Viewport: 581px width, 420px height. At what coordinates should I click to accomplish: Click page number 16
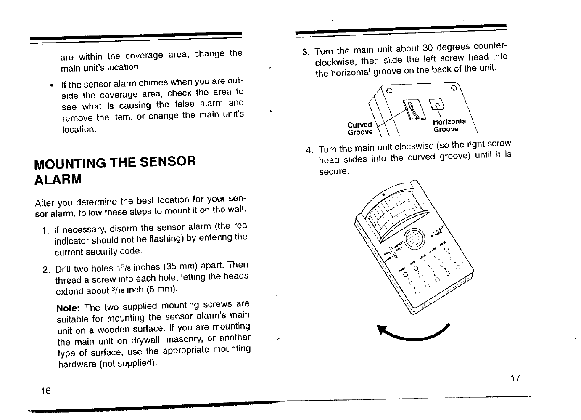point(46,391)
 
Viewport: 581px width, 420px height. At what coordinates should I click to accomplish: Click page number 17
point(515,378)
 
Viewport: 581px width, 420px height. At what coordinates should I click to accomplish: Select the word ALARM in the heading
point(58,180)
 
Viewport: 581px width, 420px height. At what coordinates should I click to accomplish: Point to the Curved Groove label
point(360,128)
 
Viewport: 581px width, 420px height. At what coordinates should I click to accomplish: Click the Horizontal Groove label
point(450,125)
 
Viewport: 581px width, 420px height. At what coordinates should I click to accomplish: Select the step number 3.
point(306,53)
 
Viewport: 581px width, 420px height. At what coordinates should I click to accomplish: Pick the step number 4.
point(309,151)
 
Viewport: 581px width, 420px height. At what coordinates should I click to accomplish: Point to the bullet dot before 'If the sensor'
point(51,85)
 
